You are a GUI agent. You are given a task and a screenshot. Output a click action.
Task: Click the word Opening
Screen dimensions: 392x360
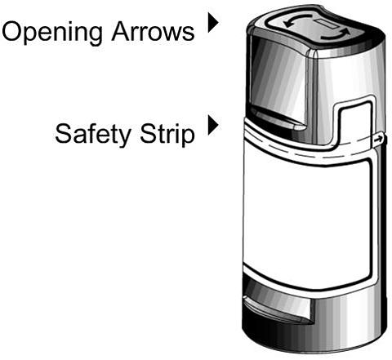coord(52,32)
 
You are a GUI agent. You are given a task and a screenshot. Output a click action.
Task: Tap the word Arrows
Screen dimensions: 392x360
coord(153,32)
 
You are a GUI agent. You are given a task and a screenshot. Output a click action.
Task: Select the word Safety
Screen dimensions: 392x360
coord(93,134)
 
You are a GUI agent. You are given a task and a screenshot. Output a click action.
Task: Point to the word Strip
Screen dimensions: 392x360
coord(167,134)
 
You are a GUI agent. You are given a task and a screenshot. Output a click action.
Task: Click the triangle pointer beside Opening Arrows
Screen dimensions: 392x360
coord(213,23)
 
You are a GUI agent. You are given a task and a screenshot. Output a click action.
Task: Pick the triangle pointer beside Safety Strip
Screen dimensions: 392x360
coord(213,125)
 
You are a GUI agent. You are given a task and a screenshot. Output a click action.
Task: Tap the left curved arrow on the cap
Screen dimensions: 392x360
coord(296,20)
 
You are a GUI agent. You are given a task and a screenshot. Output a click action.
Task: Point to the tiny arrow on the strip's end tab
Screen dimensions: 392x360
coord(378,140)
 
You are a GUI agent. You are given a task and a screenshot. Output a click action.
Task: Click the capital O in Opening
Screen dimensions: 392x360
coord(13,32)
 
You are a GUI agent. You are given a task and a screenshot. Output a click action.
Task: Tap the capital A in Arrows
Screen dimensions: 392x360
coord(121,32)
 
